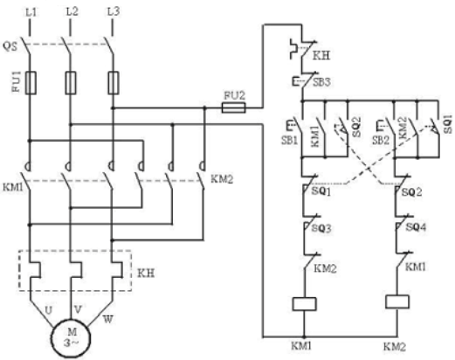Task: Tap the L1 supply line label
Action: (x=31, y=12)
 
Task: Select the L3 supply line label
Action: (x=114, y=12)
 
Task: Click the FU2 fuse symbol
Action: (x=234, y=107)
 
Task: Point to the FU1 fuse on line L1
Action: (x=31, y=83)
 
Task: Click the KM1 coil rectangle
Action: (x=304, y=304)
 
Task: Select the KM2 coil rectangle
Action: (x=397, y=301)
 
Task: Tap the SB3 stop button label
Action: (x=321, y=82)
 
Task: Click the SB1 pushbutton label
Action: (x=289, y=141)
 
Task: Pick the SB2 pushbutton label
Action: (x=381, y=141)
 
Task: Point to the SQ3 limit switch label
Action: (x=321, y=228)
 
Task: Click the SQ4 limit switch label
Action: (x=416, y=227)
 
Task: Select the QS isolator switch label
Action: (x=10, y=46)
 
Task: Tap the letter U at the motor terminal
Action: (x=49, y=310)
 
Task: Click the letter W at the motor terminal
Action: (x=107, y=320)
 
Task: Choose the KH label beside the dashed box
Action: (x=146, y=273)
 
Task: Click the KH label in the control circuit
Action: (x=321, y=55)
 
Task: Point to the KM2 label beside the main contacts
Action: (x=222, y=179)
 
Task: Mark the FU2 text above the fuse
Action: (x=234, y=95)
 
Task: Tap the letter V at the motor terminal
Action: (x=78, y=309)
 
